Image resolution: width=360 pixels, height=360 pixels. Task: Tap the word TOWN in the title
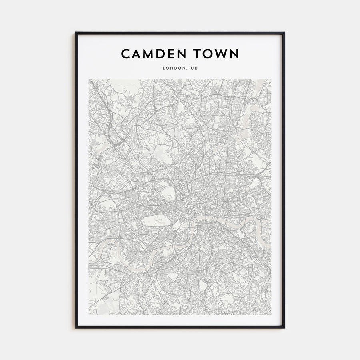[217, 54]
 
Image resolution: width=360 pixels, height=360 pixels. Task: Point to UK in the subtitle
[194, 68]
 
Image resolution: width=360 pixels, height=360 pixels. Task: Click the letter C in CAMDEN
[126, 54]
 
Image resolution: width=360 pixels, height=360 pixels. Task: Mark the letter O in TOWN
[208, 54]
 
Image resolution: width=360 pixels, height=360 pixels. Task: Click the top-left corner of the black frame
[76, 32]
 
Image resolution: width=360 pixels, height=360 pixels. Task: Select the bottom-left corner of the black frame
[76, 328]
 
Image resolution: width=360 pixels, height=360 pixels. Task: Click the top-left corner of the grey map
[89, 80]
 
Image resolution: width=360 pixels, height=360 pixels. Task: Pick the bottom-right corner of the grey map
[271, 315]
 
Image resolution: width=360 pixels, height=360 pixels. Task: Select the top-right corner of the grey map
[271, 80]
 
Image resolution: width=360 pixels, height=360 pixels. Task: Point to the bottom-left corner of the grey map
[89, 315]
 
